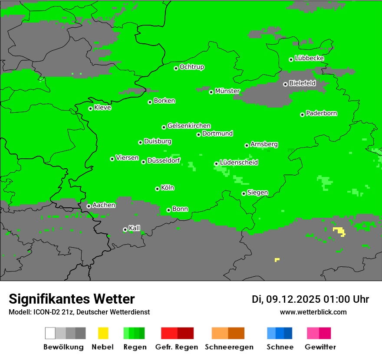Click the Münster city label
point(227,91)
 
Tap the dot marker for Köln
point(157,189)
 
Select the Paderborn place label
point(321,114)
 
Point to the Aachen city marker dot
point(89,206)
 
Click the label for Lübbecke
point(309,59)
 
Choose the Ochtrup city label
point(192,67)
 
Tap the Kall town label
point(135,228)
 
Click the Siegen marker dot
point(244,193)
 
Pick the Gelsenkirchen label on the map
point(189,126)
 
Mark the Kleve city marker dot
point(90,108)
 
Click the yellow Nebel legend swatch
point(103,333)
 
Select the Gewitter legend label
point(320,347)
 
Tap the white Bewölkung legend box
point(50,333)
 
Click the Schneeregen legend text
point(229,347)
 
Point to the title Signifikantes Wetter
point(72,299)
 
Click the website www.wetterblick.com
point(313,312)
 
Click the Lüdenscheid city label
point(239,163)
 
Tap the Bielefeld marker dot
point(285,84)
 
